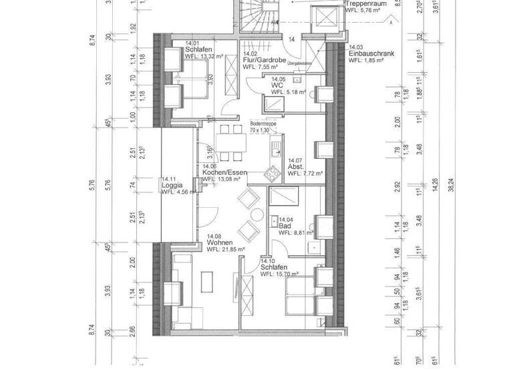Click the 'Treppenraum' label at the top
pos(366,3)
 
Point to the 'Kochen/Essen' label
pos(224,172)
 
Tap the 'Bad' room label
pos(285,226)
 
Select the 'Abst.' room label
pos(296,167)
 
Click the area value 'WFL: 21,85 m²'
pos(226,249)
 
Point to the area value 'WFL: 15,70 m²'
pos(279,274)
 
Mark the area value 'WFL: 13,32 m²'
pos(204,56)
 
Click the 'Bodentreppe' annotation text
pos(263,124)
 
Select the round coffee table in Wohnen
pos(256,215)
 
